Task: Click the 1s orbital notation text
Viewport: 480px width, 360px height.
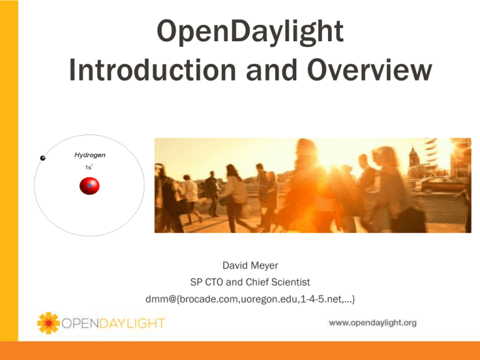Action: point(89,167)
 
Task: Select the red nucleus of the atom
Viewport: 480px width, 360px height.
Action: point(90,186)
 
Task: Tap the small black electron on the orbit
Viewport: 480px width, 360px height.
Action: point(42,159)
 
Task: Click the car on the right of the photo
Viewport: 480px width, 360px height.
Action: point(440,184)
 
